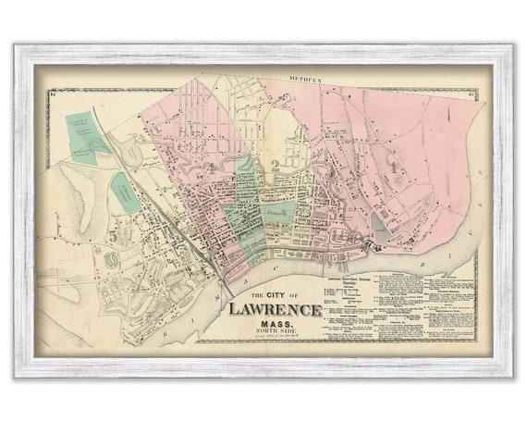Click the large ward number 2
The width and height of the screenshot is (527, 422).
pos(275,165)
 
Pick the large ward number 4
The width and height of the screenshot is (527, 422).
pos(214,168)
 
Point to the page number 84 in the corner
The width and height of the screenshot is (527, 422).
pos(54,93)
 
